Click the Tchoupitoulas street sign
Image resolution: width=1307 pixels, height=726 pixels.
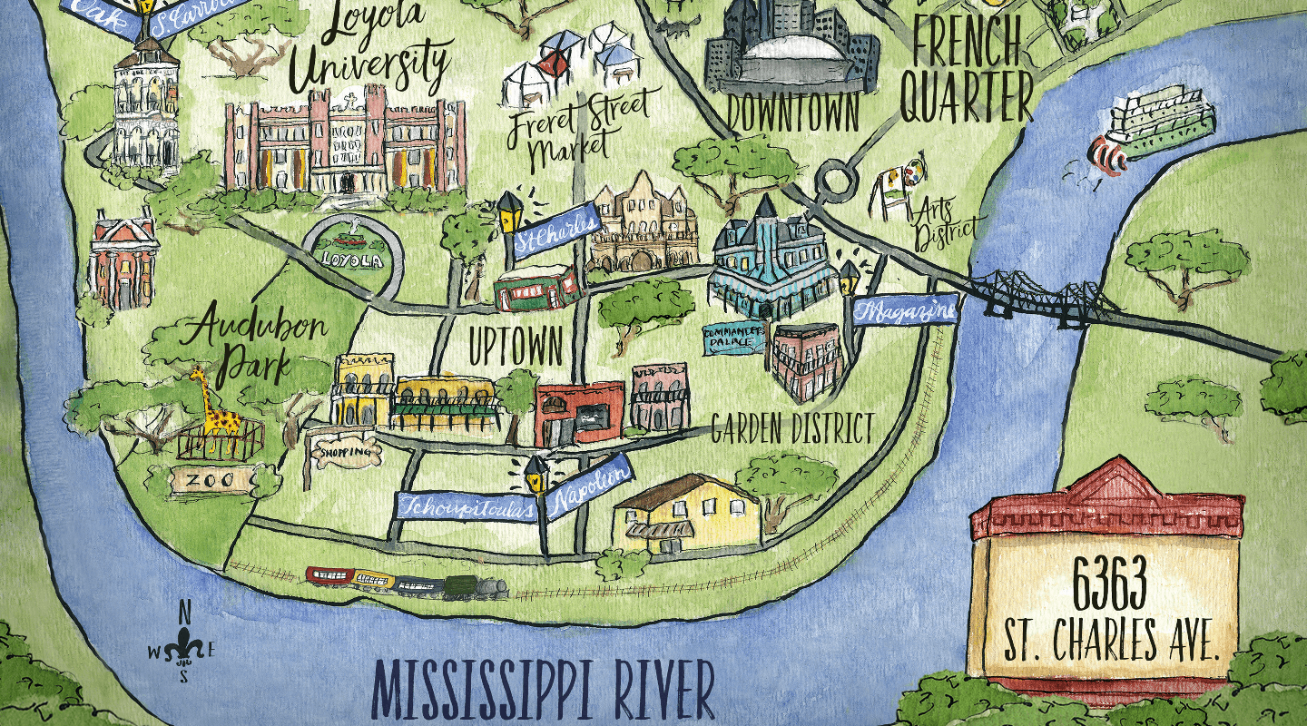point(467,506)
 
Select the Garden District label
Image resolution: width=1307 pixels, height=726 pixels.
point(792,428)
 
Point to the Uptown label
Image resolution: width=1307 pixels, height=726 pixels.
point(516,345)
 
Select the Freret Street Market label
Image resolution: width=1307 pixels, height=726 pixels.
point(577,130)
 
